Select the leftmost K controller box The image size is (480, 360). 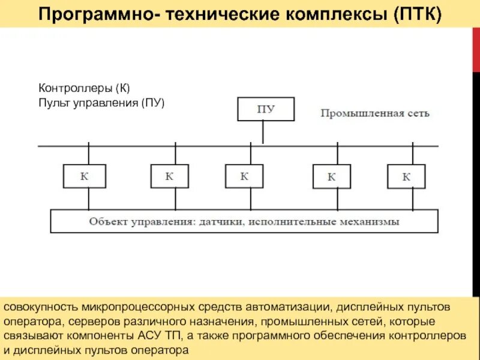85,176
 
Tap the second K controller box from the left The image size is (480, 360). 169,176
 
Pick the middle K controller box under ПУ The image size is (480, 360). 244,176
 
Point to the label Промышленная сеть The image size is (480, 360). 374,113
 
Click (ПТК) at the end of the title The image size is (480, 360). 417,14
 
